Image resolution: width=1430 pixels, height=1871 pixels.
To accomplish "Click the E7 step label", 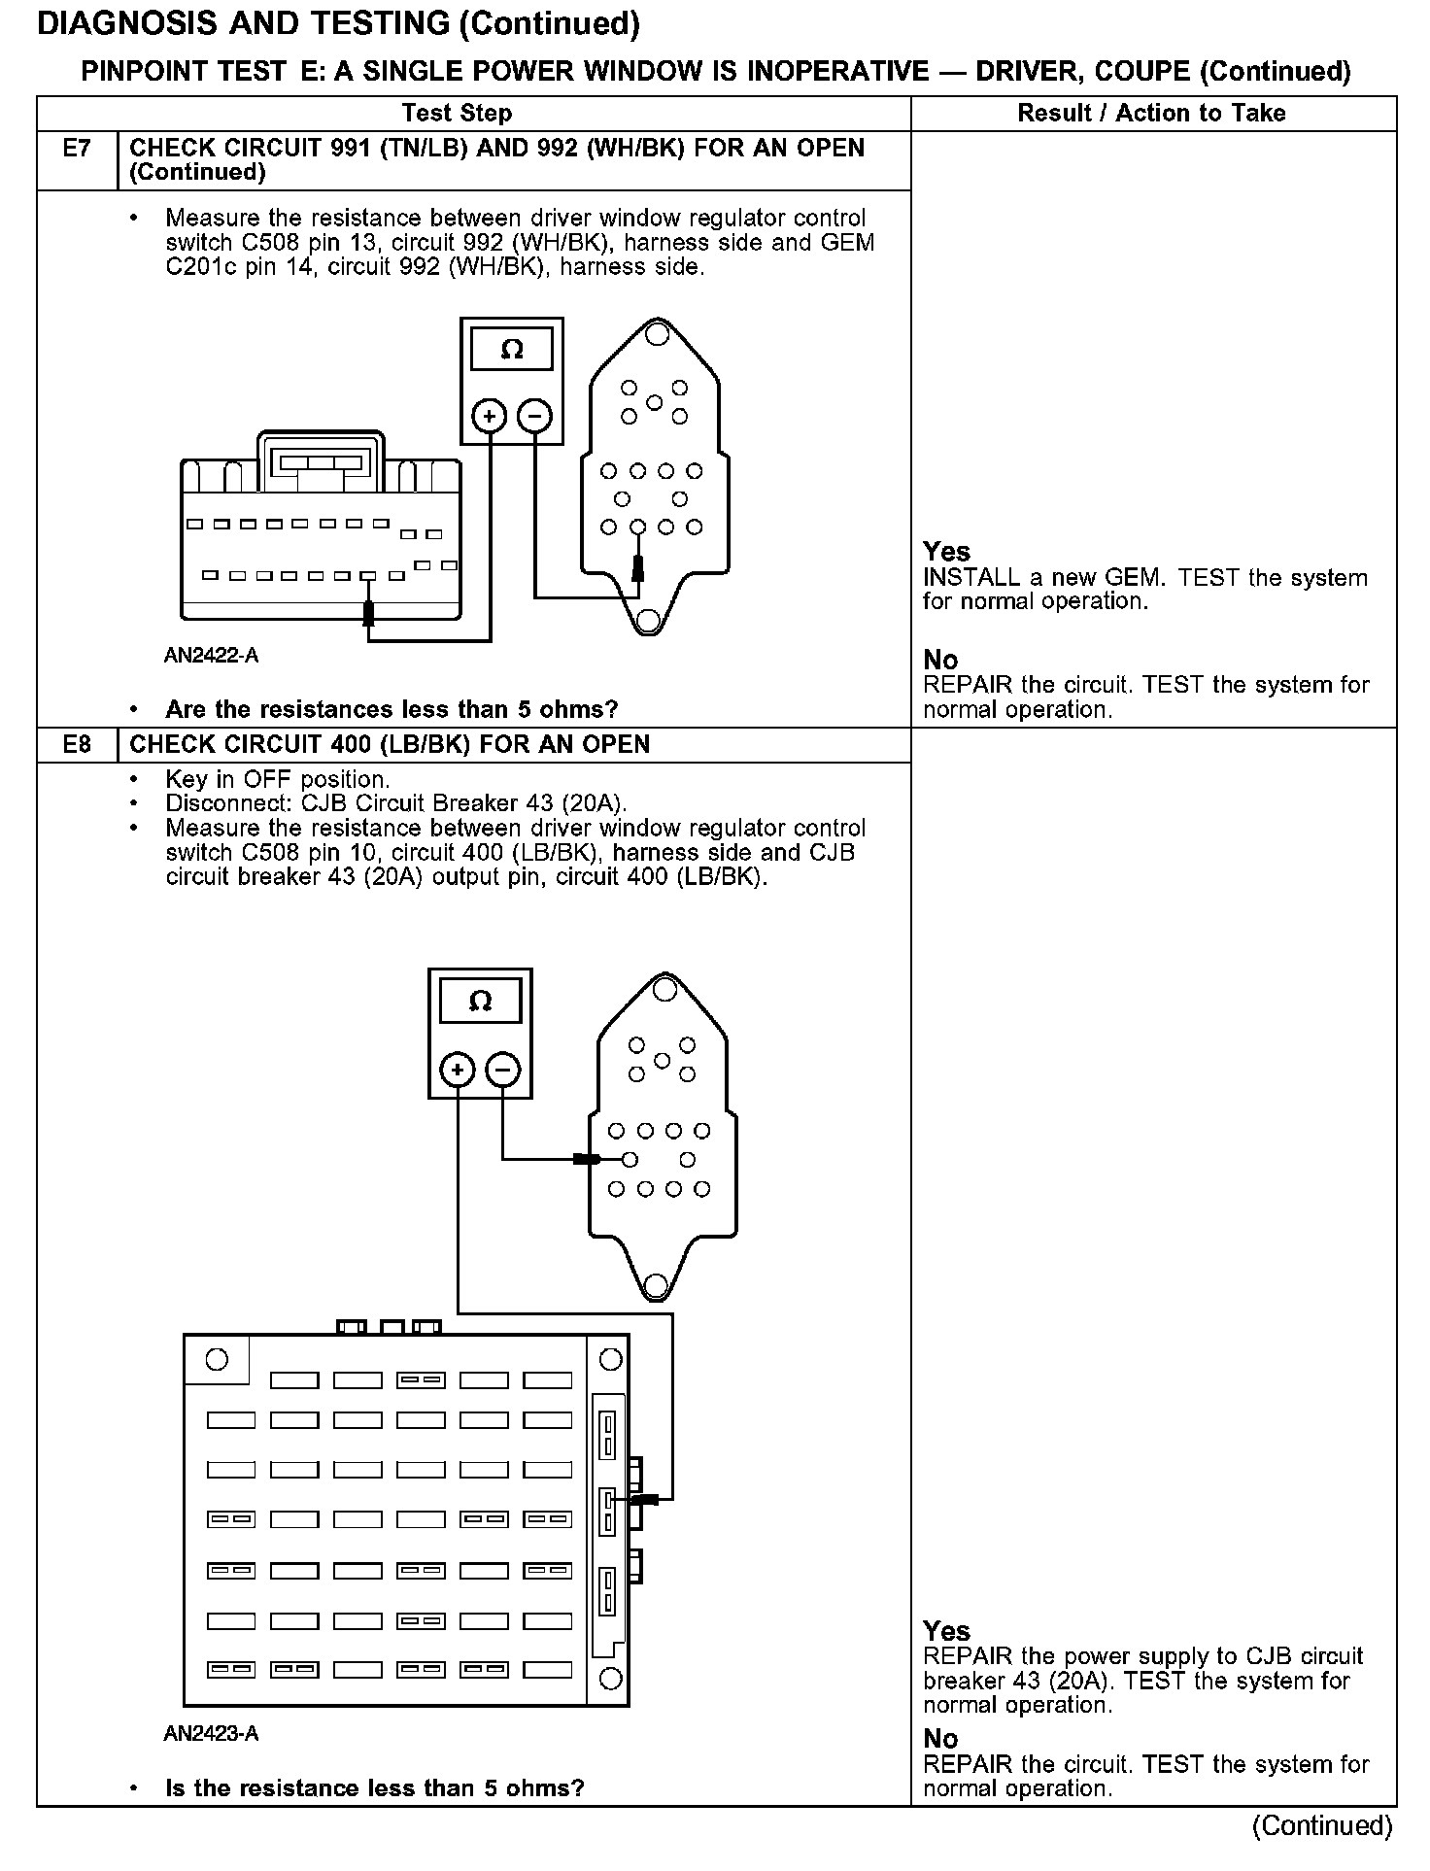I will tap(76, 149).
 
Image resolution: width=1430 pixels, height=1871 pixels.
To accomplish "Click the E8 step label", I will tap(76, 745).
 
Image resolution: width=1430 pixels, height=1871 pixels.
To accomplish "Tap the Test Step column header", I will tap(457, 114).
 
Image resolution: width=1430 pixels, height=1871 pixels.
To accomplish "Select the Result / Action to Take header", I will tap(1151, 114).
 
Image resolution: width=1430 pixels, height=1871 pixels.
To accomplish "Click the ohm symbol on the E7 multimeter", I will tap(512, 350).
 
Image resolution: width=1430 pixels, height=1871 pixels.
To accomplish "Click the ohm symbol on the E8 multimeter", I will tap(481, 1001).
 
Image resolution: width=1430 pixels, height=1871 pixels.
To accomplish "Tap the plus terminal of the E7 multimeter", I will tap(489, 417).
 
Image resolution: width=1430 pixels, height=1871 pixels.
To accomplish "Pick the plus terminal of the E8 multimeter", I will tap(458, 1071).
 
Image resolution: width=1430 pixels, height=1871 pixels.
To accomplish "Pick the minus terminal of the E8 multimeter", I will tap(502, 1071).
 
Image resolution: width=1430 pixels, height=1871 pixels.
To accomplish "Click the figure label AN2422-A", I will tap(211, 656).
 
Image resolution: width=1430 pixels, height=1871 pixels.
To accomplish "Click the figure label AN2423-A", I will tap(211, 1734).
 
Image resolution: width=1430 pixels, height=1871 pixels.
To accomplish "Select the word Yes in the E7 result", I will tap(946, 552).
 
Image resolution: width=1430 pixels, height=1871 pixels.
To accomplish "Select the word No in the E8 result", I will tap(940, 1739).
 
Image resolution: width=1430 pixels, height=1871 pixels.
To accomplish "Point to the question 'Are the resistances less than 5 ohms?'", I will tap(392, 710).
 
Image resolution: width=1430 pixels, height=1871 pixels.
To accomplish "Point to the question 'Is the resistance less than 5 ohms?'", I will tap(375, 1788).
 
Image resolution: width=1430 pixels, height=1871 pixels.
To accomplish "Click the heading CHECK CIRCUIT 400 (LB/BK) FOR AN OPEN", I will tap(390, 745).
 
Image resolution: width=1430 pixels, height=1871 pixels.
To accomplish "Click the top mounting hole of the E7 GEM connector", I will tap(657, 335).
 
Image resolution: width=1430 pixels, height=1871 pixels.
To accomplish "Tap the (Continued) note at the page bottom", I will tap(1322, 1825).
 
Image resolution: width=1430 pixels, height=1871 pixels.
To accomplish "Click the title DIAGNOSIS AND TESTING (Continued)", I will tap(338, 24).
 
